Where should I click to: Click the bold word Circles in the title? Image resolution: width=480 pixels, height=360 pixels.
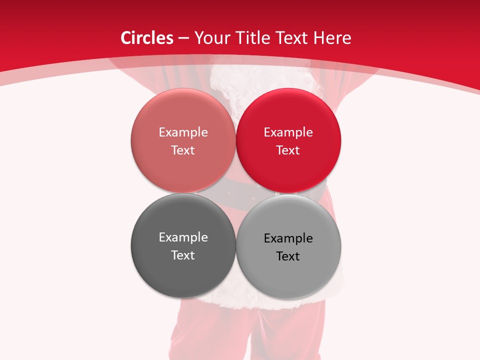point(146,38)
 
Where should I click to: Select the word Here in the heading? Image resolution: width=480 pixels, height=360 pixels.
point(332,38)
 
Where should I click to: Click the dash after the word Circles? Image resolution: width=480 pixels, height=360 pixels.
point(183,38)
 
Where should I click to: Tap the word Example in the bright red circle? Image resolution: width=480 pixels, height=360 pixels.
point(288,132)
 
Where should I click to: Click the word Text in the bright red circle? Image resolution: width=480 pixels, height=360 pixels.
point(288,150)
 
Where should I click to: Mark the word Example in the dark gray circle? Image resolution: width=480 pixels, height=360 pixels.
point(183,237)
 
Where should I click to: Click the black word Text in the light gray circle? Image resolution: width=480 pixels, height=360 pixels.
point(288,256)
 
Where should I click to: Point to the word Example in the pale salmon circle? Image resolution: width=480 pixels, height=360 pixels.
point(183,132)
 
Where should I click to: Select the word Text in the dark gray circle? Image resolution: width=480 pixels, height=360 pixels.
point(183,255)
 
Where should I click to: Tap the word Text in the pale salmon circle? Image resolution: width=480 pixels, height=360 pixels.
point(183,150)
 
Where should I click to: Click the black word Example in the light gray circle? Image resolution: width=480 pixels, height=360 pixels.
point(288,238)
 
